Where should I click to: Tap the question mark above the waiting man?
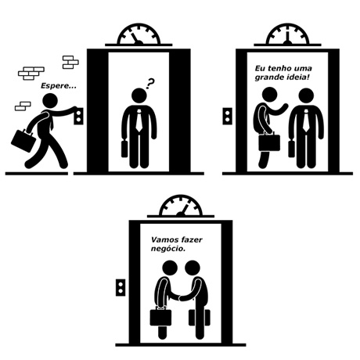point(149,83)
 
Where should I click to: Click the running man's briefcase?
point(23,140)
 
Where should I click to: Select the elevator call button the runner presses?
point(78,116)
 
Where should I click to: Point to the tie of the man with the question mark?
point(139,120)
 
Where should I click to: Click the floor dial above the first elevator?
point(139,34)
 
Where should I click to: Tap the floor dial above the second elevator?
point(287,34)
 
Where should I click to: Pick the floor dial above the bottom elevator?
point(181,206)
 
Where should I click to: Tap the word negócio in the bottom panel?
point(168,249)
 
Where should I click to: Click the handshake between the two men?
point(180,297)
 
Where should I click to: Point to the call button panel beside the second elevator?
point(227,116)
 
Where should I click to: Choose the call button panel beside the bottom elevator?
point(121,287)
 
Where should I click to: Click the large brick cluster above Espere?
point(31,73)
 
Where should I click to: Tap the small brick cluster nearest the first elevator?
point(70,62)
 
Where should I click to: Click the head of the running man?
point(50,101)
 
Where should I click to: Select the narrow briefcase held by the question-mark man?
point(124,149)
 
